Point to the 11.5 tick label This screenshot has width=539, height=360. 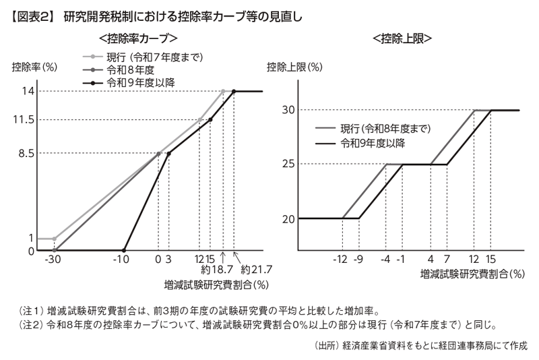click(x=25, y=120)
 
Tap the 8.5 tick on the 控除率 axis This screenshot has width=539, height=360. click(x=27, y=153)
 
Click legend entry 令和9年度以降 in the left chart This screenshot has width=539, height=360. click(x=145, y=83)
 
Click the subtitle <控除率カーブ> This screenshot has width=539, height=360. click(x=138, y=38)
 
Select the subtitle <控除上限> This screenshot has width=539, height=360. click(x=402, y=38)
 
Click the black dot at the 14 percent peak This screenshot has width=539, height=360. click(x=234, y=91)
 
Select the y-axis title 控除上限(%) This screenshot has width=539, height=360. click(x=294, y=67)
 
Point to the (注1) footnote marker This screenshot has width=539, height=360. click(x=32, y=311)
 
